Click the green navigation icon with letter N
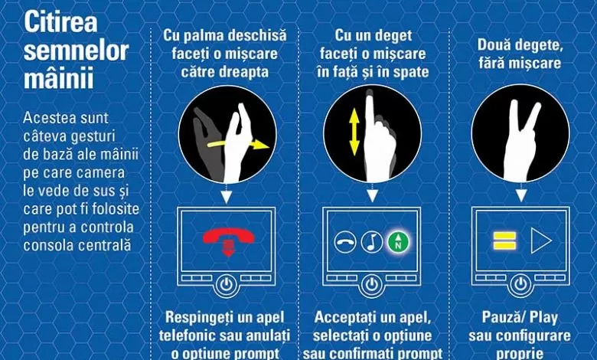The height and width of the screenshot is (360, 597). [397, 243]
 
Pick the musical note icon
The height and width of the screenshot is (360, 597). [371, 243]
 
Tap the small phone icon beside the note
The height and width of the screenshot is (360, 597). [345, 243]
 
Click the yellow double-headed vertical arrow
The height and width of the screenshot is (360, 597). [354, 134]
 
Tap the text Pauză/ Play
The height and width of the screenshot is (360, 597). [520, 317]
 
